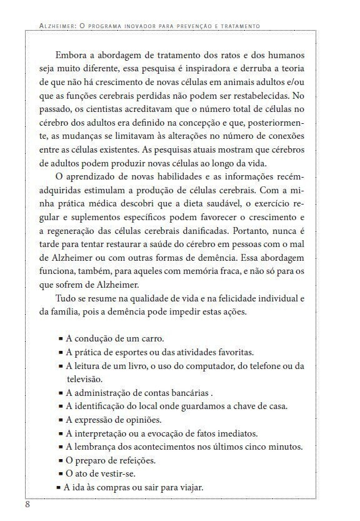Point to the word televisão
point(87,379)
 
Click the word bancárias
point(186,393)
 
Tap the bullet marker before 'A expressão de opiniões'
point(61,420)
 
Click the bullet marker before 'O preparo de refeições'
point(61,462)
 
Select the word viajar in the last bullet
point(188,488)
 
